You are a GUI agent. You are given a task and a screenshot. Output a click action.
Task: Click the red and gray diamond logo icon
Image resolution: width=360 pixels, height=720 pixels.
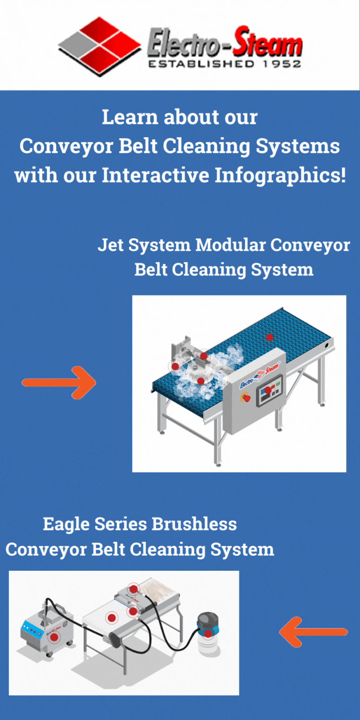99,46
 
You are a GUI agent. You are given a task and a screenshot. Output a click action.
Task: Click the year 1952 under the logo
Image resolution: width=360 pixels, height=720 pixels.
282,64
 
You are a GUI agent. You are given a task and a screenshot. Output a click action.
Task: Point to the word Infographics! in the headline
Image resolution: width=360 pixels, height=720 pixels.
280,175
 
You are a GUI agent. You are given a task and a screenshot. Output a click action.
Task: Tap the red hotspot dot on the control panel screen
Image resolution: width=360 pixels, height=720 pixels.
267,390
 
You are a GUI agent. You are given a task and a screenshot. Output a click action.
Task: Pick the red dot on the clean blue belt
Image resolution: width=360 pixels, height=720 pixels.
270,337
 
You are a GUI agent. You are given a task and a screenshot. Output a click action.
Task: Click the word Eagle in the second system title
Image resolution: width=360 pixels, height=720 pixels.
66,524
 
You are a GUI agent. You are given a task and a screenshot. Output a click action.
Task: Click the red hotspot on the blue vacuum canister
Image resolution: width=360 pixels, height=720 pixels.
207,634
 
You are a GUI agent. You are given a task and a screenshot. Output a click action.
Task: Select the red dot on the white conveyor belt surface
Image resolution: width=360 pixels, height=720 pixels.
112,617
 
